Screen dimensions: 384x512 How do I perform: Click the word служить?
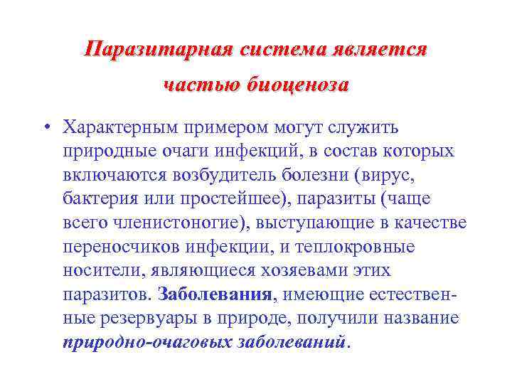click(x=364, y=128)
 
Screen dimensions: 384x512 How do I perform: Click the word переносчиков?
click(x=114, y=247)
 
